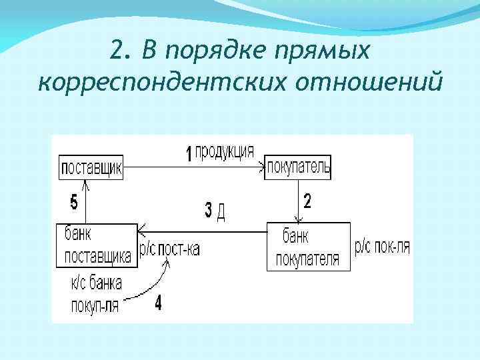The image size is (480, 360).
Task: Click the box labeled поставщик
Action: coord(91,167)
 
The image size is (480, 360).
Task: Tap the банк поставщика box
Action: coord(97,245)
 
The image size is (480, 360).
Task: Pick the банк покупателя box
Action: coord(308,247)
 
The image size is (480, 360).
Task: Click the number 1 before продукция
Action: coord(189,155)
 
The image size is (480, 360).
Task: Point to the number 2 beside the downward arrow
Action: coord(307,201)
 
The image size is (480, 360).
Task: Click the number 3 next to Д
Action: coord(209,211)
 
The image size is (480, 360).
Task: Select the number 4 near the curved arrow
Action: coord(158,304)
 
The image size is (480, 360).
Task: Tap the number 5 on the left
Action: coord(73,201)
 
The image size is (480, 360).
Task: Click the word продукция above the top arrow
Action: coord(224,151)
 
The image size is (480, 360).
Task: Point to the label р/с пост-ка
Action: coord(170,249)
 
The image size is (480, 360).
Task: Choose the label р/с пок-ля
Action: coord(382,247)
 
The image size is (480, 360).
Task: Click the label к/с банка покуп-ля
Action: coord(96,294)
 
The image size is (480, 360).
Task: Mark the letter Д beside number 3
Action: coord(222,212)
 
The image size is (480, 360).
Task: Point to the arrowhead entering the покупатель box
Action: coord(262,168)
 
